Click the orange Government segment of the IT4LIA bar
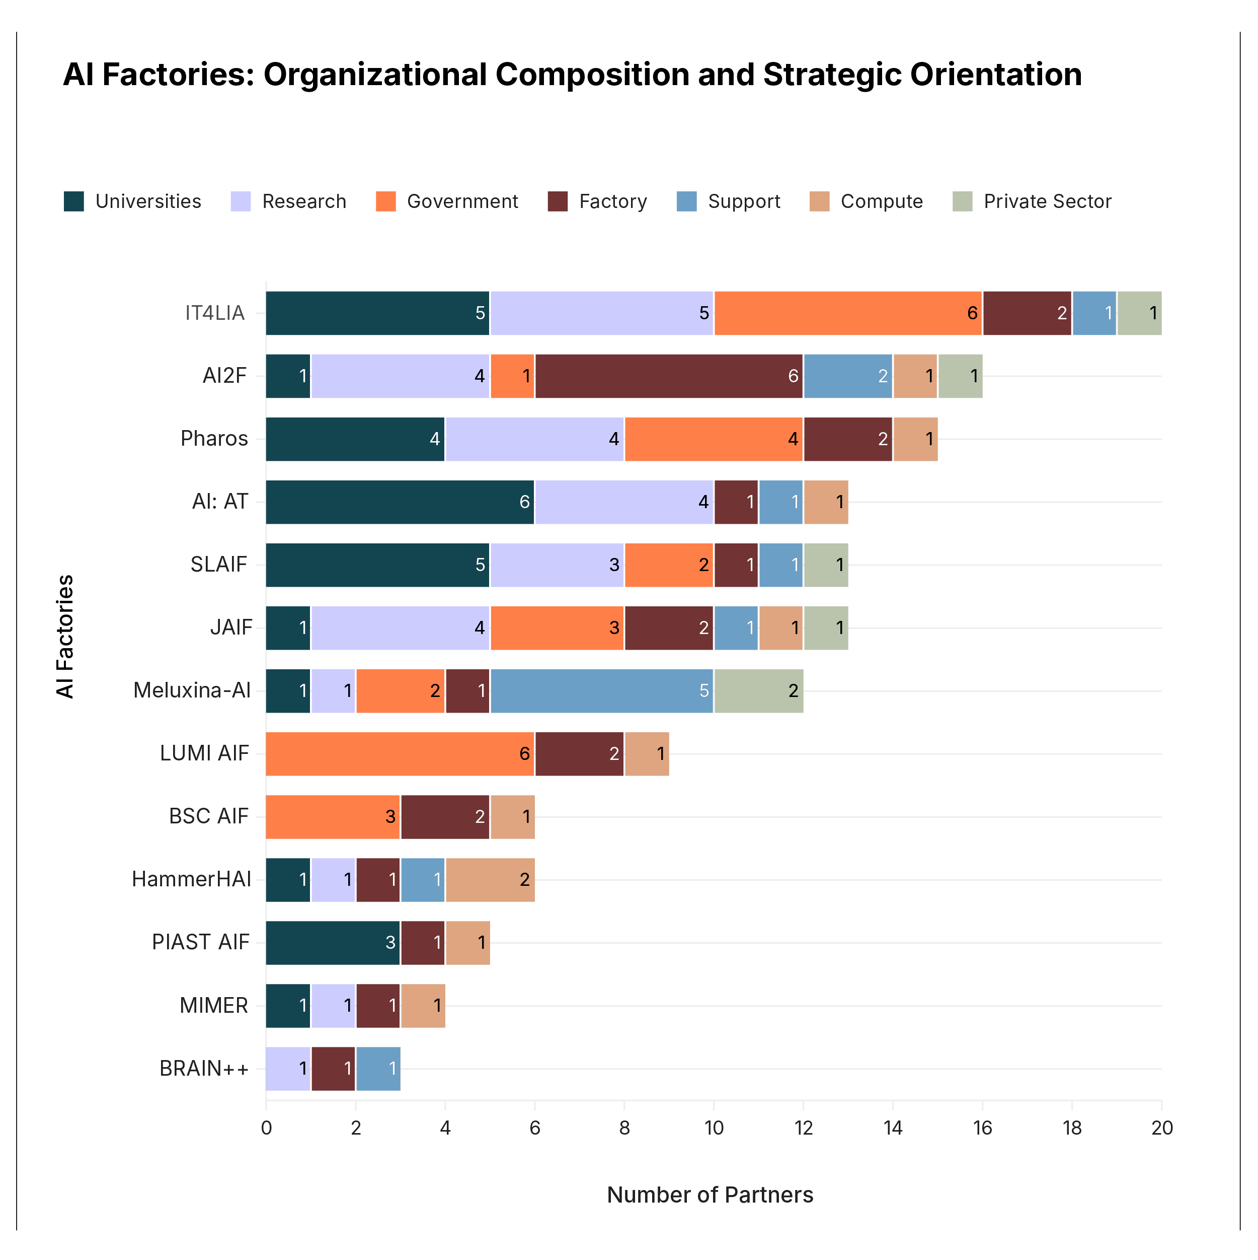pos(847,313)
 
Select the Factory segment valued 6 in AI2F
pos(669,376)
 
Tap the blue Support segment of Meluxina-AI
pos(602,690)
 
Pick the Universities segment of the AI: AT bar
pos(400,502)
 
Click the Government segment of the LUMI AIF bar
pos(400,754)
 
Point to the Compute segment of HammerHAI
pos(490,880)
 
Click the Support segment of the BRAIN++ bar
pos(378,1068)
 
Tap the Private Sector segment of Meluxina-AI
pos(759,690)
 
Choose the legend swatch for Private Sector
pos(962,201)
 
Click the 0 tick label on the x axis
pos(266,1128)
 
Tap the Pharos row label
pos(214,439)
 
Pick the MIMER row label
pos(214,1006)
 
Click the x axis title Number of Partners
pos(710,1195)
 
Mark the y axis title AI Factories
pos(65,637)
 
